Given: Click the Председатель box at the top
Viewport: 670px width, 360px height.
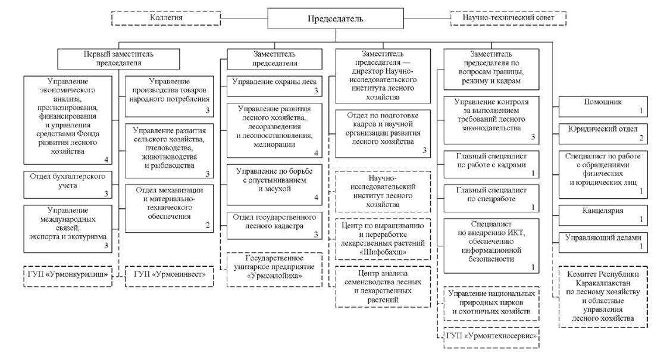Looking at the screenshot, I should coord(334,18).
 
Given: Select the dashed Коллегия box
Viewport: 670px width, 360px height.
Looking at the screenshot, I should coord(166,18).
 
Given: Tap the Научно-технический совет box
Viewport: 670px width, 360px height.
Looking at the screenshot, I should coord(508,18).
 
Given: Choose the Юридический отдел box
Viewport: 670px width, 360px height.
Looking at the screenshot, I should coord(603,132).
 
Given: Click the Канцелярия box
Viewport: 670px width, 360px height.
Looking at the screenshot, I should coord(603,215).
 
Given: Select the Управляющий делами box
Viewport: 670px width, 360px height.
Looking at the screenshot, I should coord(603,242).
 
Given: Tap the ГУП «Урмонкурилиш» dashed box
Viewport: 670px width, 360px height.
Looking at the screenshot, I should coord(68,276).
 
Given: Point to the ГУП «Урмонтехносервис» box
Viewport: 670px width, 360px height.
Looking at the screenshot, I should coord(491,337).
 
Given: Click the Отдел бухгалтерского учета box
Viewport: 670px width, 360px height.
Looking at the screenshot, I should coord(68,184).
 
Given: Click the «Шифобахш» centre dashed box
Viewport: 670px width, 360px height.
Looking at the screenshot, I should coord(383,241).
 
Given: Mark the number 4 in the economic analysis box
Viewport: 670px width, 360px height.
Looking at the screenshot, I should coord(106,159).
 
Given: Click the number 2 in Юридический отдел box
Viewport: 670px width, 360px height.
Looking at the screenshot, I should coord(641,138).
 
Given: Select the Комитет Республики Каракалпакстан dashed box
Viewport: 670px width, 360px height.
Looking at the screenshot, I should coord(603,298).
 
